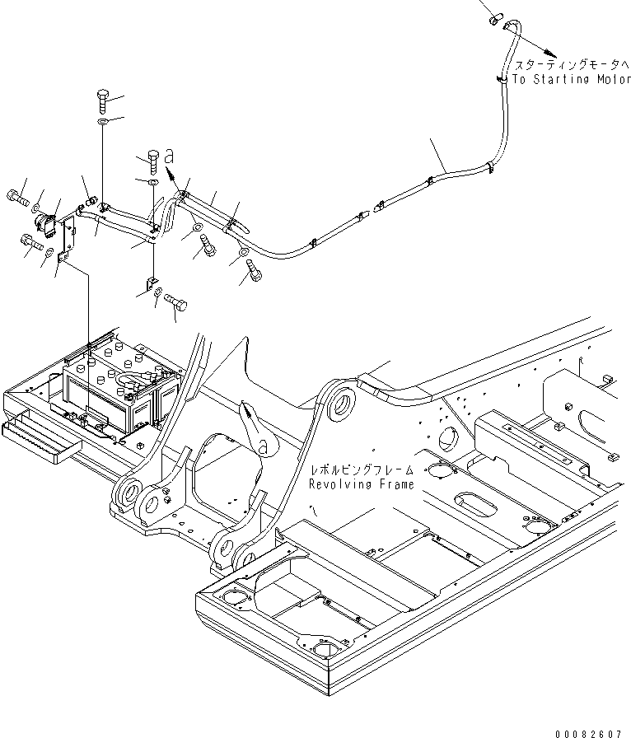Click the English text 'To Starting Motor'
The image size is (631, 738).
(571, 80)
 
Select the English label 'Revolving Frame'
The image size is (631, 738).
(362, 484)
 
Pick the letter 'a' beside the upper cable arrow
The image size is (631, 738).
(170, 155)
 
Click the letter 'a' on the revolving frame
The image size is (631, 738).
(263, 446)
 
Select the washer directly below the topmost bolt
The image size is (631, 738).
(102, 122)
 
